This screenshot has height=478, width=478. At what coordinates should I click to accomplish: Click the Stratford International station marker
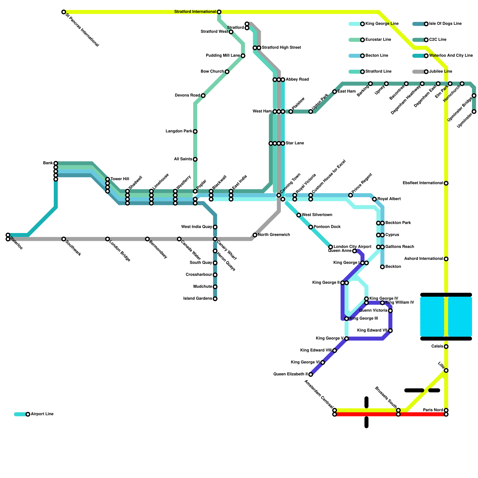point(219,12)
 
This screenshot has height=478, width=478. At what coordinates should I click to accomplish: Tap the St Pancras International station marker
point(64,12)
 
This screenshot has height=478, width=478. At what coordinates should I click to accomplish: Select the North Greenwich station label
point(274,235)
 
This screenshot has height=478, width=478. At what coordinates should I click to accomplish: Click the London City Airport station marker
point(330,247)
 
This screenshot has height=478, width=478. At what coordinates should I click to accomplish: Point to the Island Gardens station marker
point(215,299)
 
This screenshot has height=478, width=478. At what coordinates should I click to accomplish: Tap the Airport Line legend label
point(42,414)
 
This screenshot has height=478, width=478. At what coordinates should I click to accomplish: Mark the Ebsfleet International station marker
point(446,183)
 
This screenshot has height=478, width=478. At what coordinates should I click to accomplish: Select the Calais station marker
point(446,347)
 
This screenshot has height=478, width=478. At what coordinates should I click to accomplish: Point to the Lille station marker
point(446,370)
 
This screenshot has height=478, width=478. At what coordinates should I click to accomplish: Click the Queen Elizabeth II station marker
point(311,374)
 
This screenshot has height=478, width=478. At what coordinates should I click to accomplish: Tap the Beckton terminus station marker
point(382,267)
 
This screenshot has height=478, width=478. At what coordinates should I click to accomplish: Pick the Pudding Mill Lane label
point(223,56)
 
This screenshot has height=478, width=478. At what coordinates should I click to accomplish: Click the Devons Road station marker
point(203,96)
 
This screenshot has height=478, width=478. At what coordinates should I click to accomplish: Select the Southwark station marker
point(64,239)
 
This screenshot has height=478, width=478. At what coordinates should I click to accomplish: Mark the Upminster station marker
point(474,111)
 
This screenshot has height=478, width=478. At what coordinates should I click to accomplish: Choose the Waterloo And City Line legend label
point(451,56)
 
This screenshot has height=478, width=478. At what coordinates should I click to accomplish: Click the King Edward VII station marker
point(390,330)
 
